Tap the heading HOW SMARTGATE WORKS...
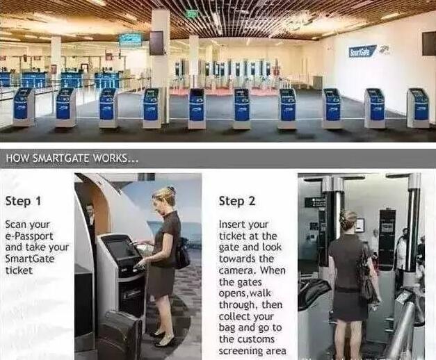click(x=72, y=158)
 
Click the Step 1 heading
click(x=23, y=201)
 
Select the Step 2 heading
click(x=237, y=201)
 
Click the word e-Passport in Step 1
click(x=29, y=236)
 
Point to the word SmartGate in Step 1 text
click(x=30, y=259)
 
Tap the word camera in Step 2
click(x=238, y=270)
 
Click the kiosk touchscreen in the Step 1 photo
click(x=122, y=249)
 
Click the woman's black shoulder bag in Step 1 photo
click(x=182, y=255)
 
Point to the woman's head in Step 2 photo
click(x=348, y=220)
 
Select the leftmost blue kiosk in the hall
click(x=24, y=107)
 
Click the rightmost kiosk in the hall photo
click(x=418, y=108)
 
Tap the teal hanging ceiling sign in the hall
click(x=131, y=40)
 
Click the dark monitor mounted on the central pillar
click(x=156, y=43)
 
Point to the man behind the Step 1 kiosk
click(x=90, y=220)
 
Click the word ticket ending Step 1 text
click(x=19, y=270)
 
